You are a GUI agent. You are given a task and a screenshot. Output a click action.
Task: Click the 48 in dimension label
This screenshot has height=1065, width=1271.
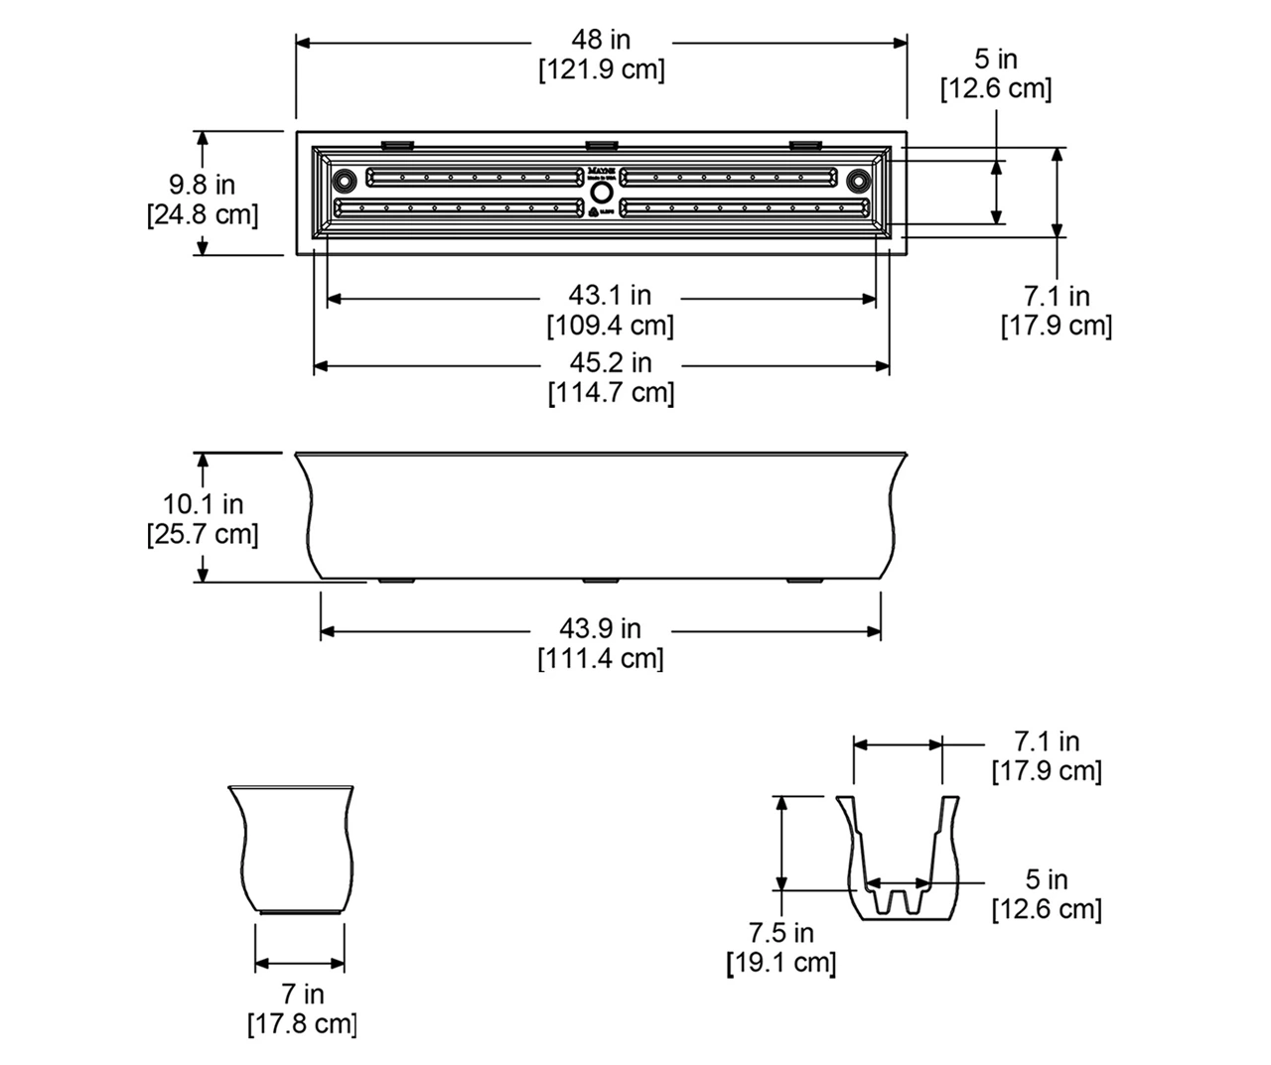pos(601,40)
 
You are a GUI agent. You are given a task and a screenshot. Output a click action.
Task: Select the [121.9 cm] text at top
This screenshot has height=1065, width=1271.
pos(601,70)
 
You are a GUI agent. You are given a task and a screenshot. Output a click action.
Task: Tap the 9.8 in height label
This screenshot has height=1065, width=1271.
pos(202,185)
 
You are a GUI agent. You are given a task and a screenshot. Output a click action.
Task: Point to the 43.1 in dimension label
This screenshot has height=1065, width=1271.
pos(610,296)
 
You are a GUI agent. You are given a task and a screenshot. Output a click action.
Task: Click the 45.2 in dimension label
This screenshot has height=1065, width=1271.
pos(610,363)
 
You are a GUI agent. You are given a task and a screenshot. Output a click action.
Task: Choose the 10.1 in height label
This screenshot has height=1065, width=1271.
pos(203,504)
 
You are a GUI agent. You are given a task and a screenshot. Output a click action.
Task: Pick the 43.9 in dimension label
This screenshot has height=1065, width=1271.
pos(600,628)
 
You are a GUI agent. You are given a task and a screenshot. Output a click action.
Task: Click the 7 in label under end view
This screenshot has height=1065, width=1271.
pos(302,994)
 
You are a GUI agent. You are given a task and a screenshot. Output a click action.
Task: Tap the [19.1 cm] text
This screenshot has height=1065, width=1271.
pos(782,962)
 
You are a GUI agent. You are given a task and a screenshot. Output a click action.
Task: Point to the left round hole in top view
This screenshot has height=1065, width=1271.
pos(345,181)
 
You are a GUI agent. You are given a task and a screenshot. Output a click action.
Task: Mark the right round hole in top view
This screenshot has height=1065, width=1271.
pos(858,181)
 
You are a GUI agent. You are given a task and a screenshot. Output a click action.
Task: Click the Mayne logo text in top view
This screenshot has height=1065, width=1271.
pos(601,158)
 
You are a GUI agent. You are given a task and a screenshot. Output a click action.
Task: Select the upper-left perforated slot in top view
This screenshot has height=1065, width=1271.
pos(475,177)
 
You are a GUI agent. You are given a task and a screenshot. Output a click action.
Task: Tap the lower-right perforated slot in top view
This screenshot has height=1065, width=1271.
pos(746,207)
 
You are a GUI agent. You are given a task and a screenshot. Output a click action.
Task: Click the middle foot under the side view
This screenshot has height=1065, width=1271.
pos(601,580)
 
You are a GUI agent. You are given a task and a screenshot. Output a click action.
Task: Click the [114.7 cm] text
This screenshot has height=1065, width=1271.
pos(611,393)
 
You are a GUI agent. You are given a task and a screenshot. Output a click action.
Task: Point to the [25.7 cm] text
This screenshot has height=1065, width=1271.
pos(203,534)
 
